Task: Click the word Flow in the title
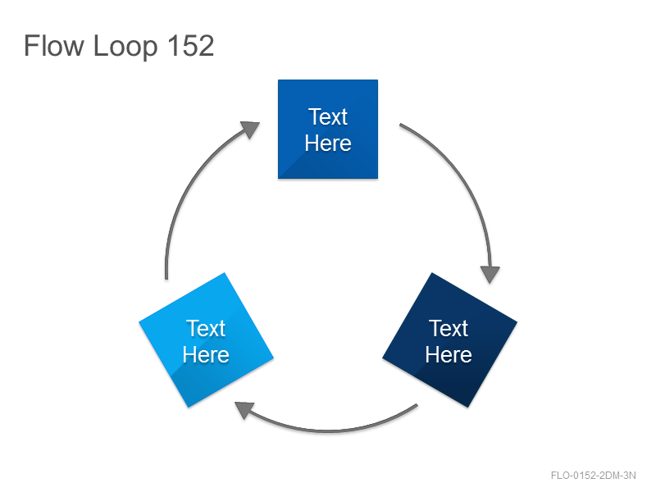54,46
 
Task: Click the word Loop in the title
125,48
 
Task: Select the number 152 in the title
191,46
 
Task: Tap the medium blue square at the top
328,130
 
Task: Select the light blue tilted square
207,339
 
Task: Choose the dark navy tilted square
449,339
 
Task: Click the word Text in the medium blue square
328,116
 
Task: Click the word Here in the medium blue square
328,143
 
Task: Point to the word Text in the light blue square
206,329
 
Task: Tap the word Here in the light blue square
206,355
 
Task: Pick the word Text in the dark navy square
449,329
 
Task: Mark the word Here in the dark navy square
449,355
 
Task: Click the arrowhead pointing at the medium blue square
250,129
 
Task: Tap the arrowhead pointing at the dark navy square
490,275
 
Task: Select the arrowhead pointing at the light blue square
244,409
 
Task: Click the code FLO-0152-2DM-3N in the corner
593,476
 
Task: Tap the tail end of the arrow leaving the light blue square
166,278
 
